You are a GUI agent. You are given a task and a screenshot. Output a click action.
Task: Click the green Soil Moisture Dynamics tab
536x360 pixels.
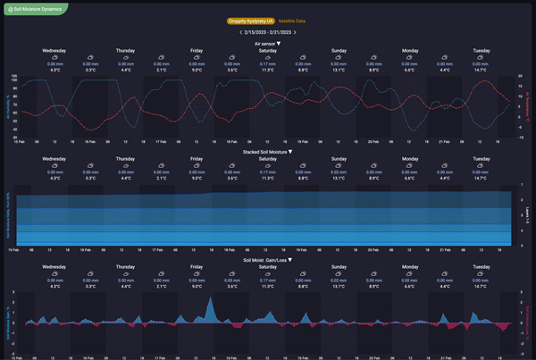34,8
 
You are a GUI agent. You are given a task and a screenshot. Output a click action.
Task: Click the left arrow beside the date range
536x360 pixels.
228,32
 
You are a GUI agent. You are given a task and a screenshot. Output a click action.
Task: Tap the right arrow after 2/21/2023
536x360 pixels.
295,32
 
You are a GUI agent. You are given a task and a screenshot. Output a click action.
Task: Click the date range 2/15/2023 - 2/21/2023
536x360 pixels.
262,32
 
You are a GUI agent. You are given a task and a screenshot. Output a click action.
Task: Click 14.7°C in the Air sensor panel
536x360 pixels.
482,69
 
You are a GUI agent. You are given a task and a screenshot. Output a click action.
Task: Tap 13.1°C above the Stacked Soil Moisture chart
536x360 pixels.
339,178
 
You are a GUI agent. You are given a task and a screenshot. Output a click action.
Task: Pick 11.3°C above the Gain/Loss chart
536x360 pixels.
267,286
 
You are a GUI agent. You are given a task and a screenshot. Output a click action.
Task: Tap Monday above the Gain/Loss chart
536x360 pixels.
410,266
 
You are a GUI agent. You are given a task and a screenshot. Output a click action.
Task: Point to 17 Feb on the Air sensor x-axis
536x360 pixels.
160,141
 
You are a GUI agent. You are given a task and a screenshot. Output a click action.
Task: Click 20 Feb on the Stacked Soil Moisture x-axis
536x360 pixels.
373,250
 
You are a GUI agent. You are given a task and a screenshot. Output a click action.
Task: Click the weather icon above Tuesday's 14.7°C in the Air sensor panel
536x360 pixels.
482,58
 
